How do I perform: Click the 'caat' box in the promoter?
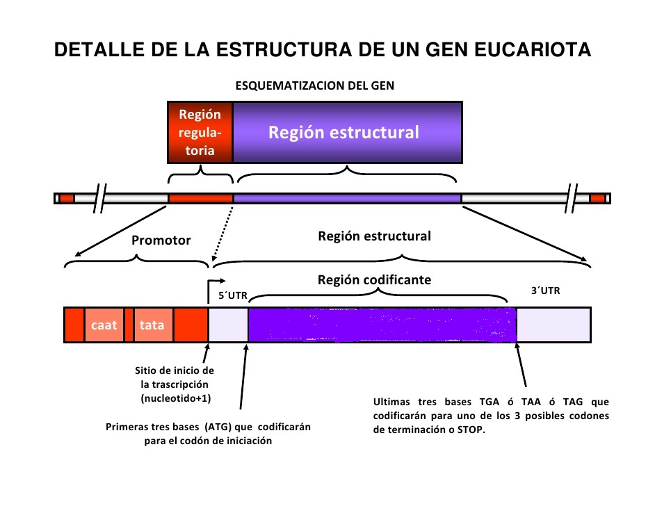tap(104, 325)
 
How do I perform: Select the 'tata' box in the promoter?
tap(152, 325)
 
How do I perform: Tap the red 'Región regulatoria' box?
tap(200, 132)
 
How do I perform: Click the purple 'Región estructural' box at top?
tap(348, 132)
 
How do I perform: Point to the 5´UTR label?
tap(233, 295)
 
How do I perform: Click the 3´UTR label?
tap(545, 291)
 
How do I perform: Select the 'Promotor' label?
tap(161, 240)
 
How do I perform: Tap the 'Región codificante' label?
tap(374, 279)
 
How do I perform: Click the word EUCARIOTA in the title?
tap(533, 49)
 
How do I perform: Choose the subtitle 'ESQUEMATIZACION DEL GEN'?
tap(314, 85)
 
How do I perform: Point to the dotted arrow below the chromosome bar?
tap(223, 234)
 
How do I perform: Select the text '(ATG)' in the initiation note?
tap(218, 427)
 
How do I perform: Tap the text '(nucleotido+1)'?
tap(176, 398)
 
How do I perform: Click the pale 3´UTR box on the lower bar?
tap(553, 325)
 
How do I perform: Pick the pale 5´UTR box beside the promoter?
tap(228, 325)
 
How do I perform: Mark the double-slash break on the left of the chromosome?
tap(100, 198)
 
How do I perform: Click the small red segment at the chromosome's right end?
tap(597, 198)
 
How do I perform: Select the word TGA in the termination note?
tap(489, 402)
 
